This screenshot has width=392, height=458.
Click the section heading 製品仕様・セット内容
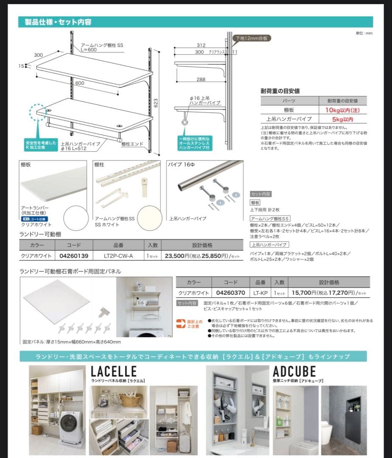58,22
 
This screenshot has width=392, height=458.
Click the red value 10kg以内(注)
343,110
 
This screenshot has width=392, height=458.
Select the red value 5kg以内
343,119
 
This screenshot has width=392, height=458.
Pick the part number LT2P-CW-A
118,256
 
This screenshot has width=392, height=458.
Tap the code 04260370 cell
231,293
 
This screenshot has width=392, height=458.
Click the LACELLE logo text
114,371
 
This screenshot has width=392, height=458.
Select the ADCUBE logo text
294,371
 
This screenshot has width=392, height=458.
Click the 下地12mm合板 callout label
251,38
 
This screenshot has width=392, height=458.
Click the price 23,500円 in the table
177,256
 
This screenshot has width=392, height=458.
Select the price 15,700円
302,293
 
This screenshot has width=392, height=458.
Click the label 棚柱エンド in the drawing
132,144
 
